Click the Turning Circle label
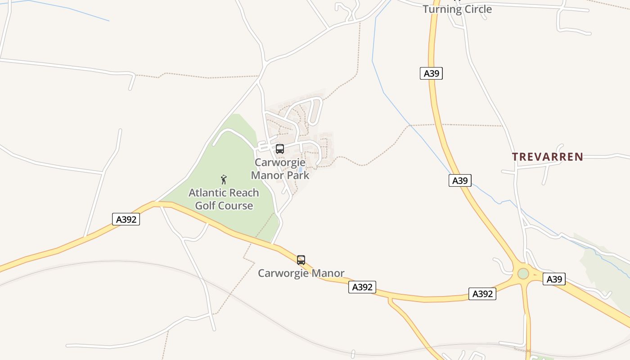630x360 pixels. click(x=457, y=9)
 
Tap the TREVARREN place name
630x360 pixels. click(x=548, y=157)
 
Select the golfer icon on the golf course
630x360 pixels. click(x=224, y=180)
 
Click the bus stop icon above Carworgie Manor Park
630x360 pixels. click(x=279, y=149)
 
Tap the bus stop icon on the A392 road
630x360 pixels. click(x=301, y=260)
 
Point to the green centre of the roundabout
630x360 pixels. click(x=523, y=273)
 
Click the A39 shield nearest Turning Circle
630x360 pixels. click(x=431, y=73)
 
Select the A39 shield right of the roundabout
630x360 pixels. click(x=554, y=279)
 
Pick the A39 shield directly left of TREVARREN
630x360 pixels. click(x=459, y=180)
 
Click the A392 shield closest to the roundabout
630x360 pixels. click(x=482, y=294)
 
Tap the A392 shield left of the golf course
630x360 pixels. click(x=126, y=219)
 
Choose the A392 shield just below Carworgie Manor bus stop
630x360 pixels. click(x=362, y=287)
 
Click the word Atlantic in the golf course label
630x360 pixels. click(x=206, y=193)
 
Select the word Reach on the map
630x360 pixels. click(x=243, y=193)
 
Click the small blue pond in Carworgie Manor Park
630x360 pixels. click(x=300, y=170)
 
